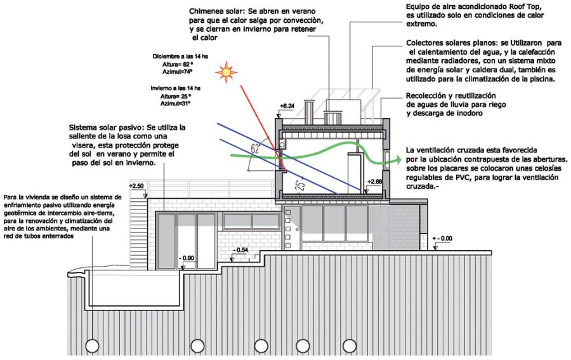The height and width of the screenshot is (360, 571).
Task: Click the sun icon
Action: tap(225, 72)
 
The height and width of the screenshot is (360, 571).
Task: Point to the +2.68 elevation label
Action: tap(376, 182)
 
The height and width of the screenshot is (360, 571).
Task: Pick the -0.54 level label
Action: tap(240, 251)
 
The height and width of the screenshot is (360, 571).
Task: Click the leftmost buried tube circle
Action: tap(93, 346)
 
